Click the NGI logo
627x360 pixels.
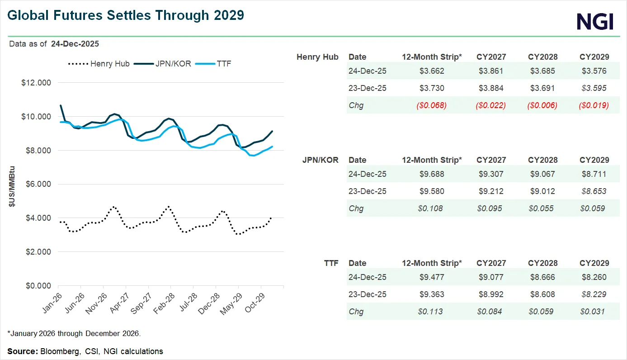coord(595,21)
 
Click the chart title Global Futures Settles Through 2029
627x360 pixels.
coord(126,15)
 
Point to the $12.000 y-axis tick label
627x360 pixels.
coord(37,83)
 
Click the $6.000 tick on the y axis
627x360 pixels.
coord(37,185)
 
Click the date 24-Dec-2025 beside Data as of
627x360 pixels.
coord(75,44)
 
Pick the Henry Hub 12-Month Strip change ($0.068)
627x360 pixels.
coord(432,105)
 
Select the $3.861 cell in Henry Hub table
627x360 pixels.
coord(491,71)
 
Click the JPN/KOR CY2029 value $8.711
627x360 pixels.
coord(594,174)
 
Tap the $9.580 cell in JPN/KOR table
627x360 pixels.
coord(432,191)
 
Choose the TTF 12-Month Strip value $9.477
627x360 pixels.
coord(432,277)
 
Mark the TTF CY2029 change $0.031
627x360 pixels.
coord(594,312)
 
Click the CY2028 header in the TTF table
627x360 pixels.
coord(542,263)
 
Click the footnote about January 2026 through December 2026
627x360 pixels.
coord(74,334)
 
